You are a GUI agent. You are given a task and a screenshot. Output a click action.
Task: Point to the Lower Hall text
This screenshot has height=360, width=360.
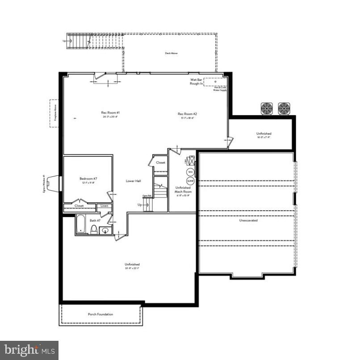point(134,181)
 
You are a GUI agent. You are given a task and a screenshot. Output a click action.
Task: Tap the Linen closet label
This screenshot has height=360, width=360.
point(104,206)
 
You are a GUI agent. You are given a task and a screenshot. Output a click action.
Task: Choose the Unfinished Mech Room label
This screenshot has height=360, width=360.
point(183,189)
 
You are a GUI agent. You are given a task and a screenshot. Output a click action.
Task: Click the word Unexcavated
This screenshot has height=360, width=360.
point(248,220)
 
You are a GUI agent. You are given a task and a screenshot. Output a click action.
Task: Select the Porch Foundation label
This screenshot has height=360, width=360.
point(100,314)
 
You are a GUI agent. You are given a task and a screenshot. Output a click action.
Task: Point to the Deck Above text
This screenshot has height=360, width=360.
point(171,53)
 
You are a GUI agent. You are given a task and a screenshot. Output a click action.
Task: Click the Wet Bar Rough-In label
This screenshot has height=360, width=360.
point(196,81)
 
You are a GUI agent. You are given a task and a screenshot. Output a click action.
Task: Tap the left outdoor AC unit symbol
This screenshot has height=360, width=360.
point(267,108)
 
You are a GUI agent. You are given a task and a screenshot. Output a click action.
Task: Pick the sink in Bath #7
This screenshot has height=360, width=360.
point(105,230)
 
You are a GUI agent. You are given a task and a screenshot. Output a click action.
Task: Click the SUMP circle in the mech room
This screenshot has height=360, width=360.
point(190,180)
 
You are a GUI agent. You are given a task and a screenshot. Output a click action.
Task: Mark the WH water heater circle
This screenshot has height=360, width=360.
point(190,172)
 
